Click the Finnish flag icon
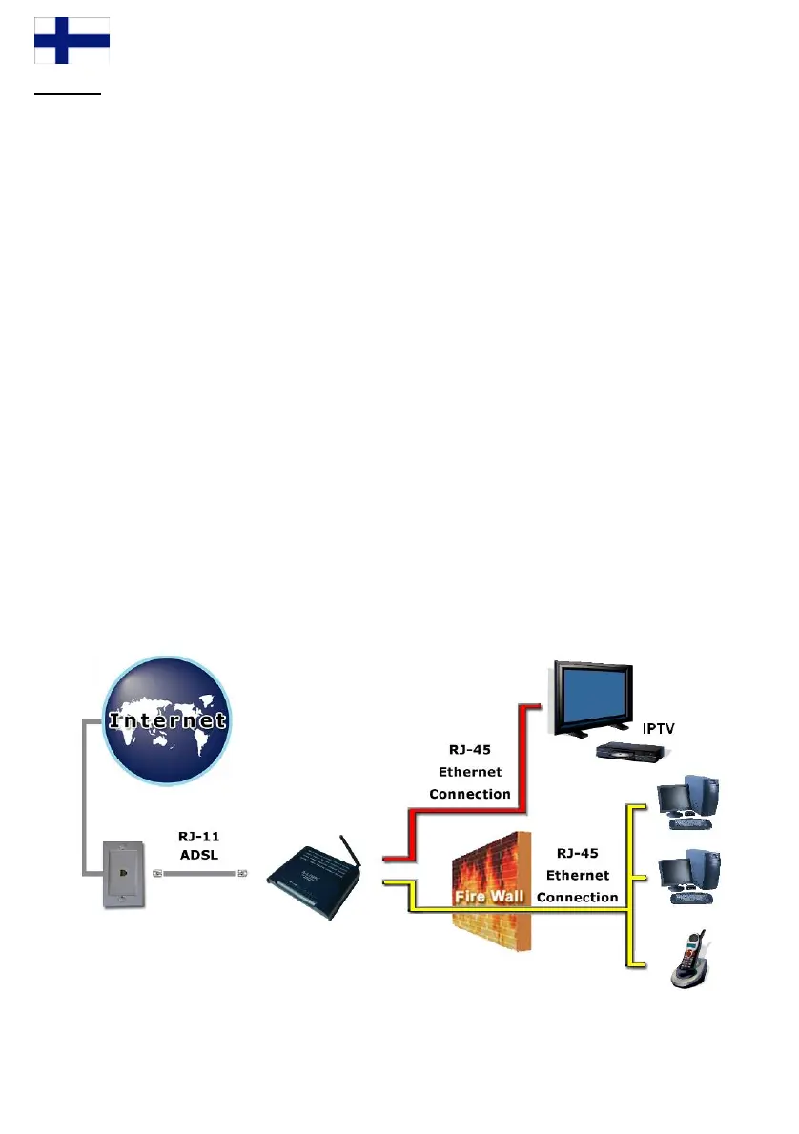72,41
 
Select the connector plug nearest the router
243,872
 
